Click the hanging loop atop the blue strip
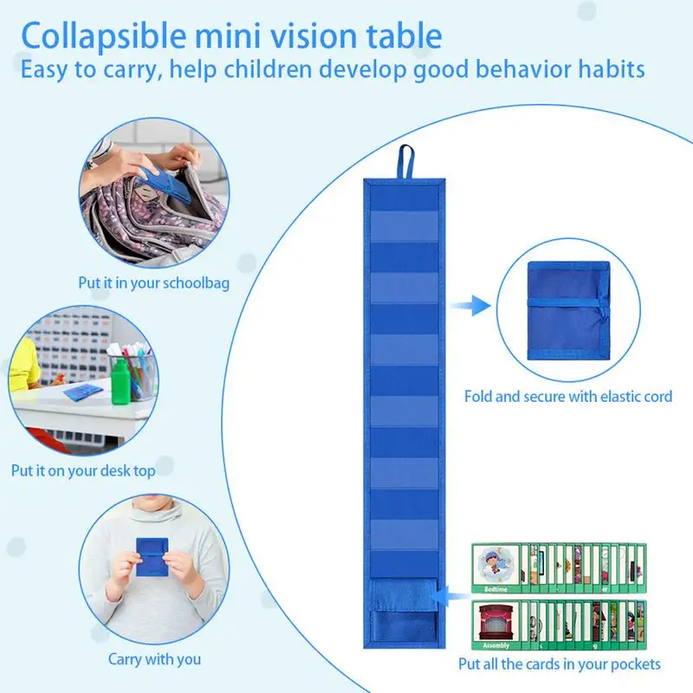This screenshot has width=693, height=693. (404, 162)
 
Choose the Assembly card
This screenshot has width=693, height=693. (497, 627)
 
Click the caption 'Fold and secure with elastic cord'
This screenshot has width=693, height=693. (568, 396)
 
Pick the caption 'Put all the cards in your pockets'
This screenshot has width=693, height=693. (560, 664)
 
